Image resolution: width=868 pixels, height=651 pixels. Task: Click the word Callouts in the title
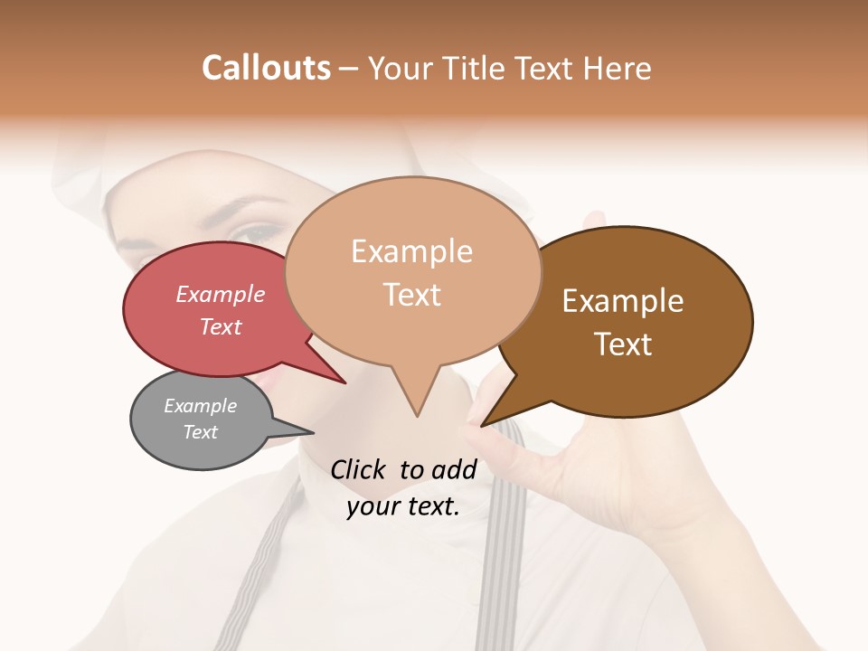point(266,68)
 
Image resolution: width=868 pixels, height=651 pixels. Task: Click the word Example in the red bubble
point(220,294)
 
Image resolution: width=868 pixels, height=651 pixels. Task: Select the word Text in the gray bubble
point(200,432)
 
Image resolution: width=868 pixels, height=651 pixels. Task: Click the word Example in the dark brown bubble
point(623,300)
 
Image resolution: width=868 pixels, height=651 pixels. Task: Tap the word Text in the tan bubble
point(412,294)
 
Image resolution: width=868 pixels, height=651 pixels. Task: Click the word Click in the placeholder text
point(357,469)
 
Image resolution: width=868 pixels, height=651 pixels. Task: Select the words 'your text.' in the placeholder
point(402,506)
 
